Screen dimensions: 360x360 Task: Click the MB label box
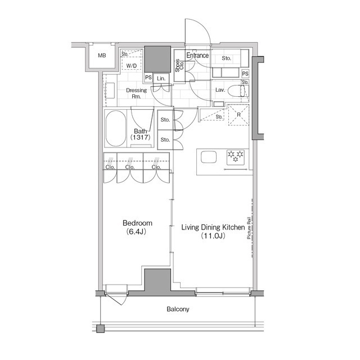102,56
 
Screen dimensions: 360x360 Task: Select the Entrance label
197,56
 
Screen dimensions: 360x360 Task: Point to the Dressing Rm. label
136,93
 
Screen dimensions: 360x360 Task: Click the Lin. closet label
161,78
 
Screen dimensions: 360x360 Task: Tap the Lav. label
220,90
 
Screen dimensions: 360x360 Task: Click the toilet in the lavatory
244,91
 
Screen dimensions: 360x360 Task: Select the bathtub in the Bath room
116,129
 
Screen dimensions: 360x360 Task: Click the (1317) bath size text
139,137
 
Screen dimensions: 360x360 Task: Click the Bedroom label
137,223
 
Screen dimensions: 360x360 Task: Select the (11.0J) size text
213,236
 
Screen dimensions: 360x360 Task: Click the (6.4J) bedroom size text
137,232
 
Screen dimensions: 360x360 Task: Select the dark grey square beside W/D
157,58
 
